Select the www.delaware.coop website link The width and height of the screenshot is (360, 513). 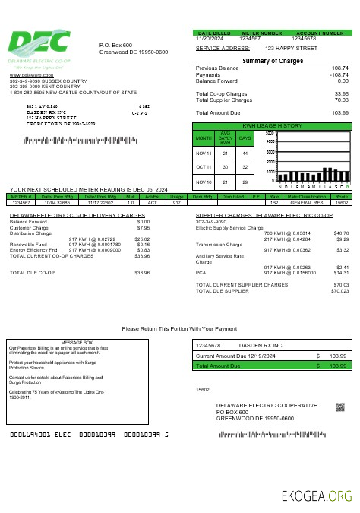[x=25, y=76]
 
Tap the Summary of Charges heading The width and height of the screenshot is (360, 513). [x=272, y=61]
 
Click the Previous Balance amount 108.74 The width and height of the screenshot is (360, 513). [x=339, y=68]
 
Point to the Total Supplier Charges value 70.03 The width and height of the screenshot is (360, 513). [x=340, y=100]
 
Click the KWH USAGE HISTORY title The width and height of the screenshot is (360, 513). [x=272, y=125]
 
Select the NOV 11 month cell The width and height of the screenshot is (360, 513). [x=204, y=154]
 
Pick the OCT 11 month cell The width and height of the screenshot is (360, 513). [x=204, y=166]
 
